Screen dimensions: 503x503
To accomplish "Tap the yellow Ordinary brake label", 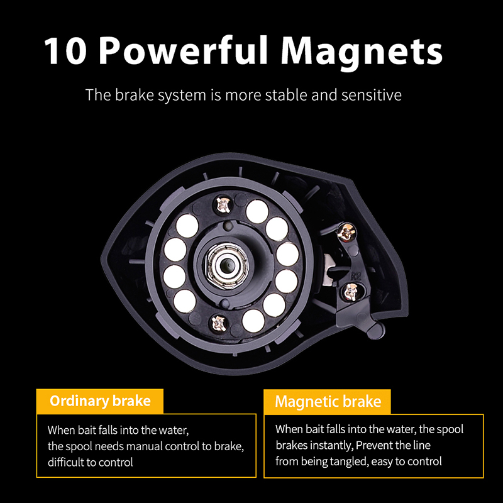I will pyautogui.click(x=100, y=401).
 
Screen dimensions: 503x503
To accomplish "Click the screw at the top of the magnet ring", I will pyautogui.click(x=223, y=204).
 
